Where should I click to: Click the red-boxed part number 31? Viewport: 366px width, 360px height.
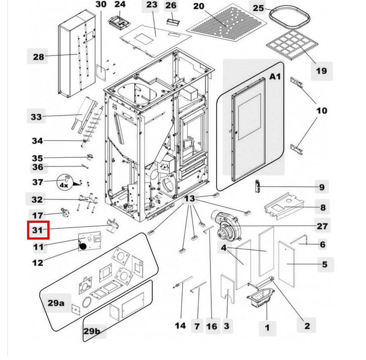[38, 230]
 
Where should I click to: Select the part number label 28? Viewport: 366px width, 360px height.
[38, 57]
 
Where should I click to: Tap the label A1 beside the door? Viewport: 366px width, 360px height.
[275, 76]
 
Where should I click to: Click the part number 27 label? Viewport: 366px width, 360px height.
[322, 226]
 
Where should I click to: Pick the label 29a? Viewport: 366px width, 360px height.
[55, 303]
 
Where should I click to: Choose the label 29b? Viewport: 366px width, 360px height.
[92, 331]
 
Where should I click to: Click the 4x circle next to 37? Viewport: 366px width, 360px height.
[64, 185]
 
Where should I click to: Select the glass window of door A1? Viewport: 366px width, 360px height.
[246, 116]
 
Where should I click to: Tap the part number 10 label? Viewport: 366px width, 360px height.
[321, 111]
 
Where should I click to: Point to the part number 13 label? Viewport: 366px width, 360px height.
[189, 199]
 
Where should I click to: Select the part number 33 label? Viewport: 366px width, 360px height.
[37, 117]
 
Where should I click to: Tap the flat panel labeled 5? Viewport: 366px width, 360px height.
[286, 263]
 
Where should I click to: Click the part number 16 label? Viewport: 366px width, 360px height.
[212, 326]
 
